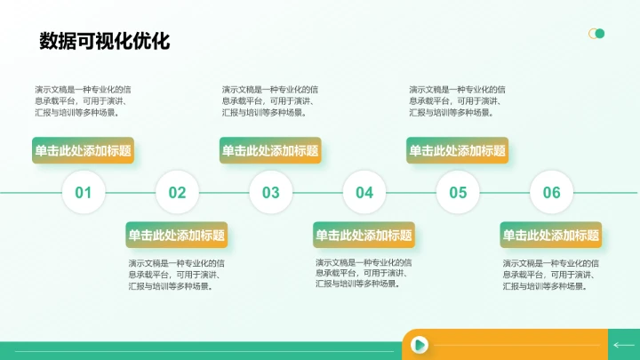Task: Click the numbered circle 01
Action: pos(84,192)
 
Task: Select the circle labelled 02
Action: pos(177,192)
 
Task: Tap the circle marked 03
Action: pos(271,192)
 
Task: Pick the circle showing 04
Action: pos(364,192)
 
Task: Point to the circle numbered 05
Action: pos(458,192)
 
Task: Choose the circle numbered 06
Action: pos(552,192)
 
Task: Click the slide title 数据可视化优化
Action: pos(104,41)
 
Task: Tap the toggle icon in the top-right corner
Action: pos(596,34)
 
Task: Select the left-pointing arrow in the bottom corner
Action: pos(622,345)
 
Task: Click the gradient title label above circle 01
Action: pos(84,151)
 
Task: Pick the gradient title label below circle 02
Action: pos(177,236)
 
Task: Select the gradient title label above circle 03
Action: pos(270,151)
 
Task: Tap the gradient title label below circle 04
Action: pos(364,236)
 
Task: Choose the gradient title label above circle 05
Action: pos(457,151)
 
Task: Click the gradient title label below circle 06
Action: pos(551,236)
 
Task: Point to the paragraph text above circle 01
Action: pos(84,100)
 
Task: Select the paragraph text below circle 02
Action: pos(177,275)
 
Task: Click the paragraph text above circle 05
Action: pos(458,100)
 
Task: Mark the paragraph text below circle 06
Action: pos(551,275)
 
